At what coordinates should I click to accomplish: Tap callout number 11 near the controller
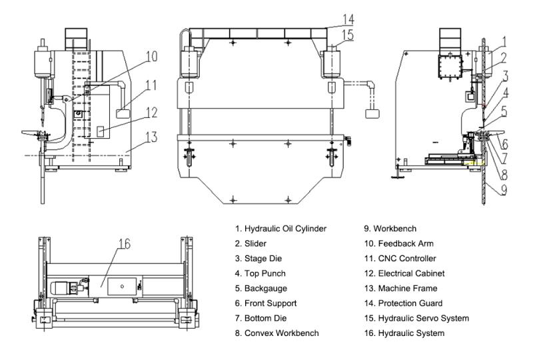click(151, 85)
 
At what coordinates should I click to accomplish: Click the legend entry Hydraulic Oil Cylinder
click(280, 229)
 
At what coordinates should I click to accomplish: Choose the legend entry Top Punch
click(260, 273)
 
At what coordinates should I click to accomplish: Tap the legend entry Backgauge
click(261, 288)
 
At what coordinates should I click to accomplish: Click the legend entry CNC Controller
click(409, 258)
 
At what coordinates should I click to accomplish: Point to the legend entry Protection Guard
click(413, 303)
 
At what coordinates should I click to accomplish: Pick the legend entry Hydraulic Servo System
click(421, 318)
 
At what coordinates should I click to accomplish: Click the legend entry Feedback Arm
click(406, 243)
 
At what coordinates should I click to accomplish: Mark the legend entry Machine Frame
click(408, 288)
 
